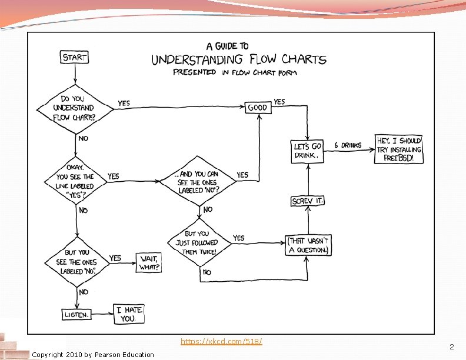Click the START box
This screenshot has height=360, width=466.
(75, 57)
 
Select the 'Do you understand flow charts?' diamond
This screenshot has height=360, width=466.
(74, 108)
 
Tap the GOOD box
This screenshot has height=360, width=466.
(257, 108)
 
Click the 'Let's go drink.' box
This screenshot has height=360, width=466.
(307, 151)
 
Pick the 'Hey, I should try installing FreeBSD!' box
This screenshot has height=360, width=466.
(399, 149)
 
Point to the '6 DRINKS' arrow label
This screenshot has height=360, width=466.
(348, 145)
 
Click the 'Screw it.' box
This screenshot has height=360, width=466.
(307, 201)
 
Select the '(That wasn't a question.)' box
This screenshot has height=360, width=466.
(308, 245)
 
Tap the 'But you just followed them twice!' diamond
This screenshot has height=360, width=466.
(200, 242)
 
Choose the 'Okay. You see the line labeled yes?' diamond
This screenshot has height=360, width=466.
(75, 181)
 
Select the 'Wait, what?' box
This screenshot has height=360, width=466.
(149, 263)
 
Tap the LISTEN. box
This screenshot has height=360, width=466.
(77, 315)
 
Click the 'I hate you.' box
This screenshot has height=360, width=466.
(129, 314)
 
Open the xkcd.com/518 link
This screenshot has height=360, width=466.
(221, 342)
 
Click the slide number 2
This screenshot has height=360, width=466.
(451, 346)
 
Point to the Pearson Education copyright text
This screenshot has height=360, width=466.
(93, 354)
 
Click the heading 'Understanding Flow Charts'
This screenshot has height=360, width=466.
(238, 60)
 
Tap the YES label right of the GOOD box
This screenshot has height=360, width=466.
(279, 102)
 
